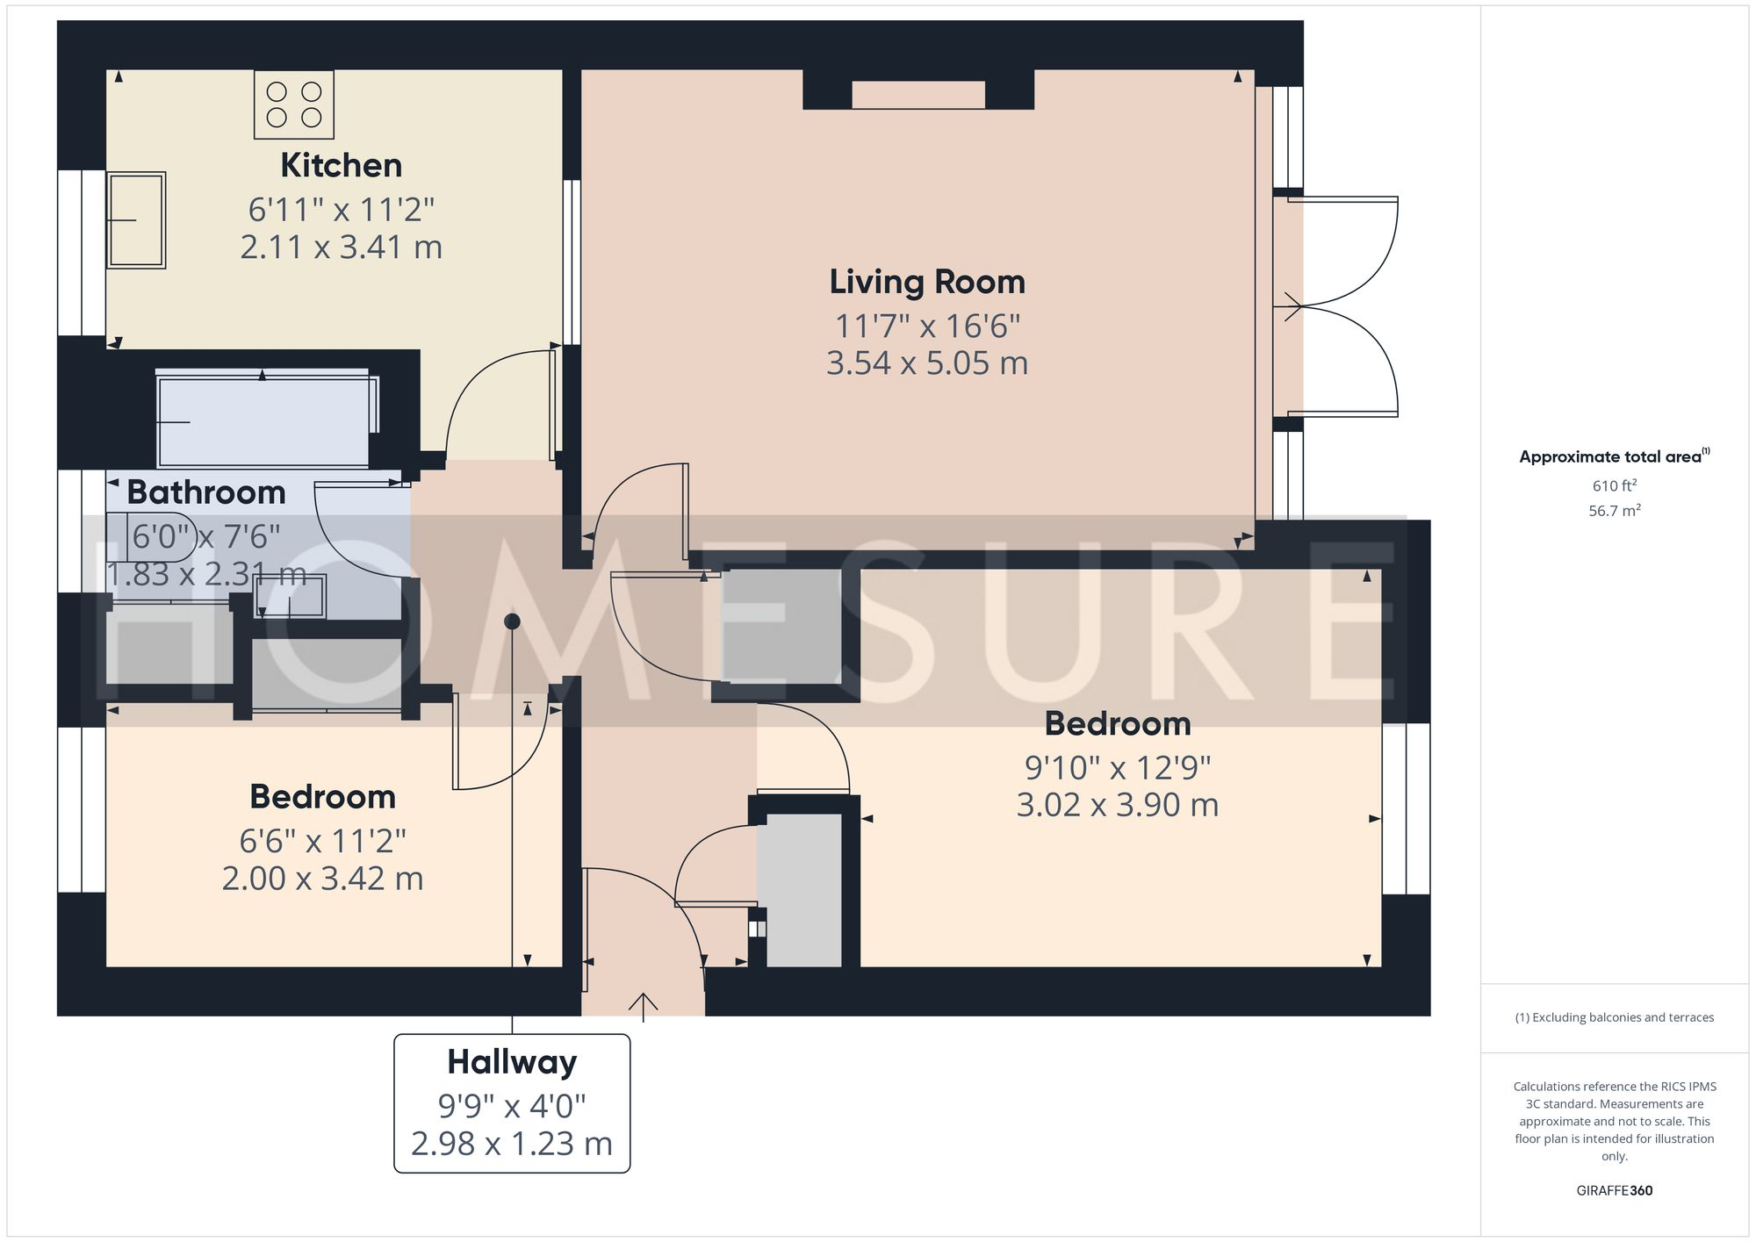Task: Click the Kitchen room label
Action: [x=341, y=166]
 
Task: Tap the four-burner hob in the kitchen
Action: [x=294, y=104]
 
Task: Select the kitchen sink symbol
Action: [x=136, y=219]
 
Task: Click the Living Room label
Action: [x=927, y=283]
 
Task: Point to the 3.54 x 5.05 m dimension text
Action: [x=927, y=363]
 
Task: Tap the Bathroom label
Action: [x=206, y=492]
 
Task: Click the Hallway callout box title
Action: [x=512, y=1062]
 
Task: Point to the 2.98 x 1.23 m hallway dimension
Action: [x=512, y=1144]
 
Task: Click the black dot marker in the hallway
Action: [x=513, y=621]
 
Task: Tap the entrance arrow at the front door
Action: [x=644, y=1006]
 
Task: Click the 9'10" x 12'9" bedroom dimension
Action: [x=1118, y=768]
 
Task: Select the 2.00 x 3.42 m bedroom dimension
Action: [x=322, y=879]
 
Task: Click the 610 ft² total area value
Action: [x=1614, y=485]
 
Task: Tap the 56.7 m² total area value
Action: [x=1614, y=511]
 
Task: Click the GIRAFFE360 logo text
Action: [x=1614, y=1191]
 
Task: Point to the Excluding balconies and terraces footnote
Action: [x=1614, y=1018]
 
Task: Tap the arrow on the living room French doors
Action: [x=1292, y=306]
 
